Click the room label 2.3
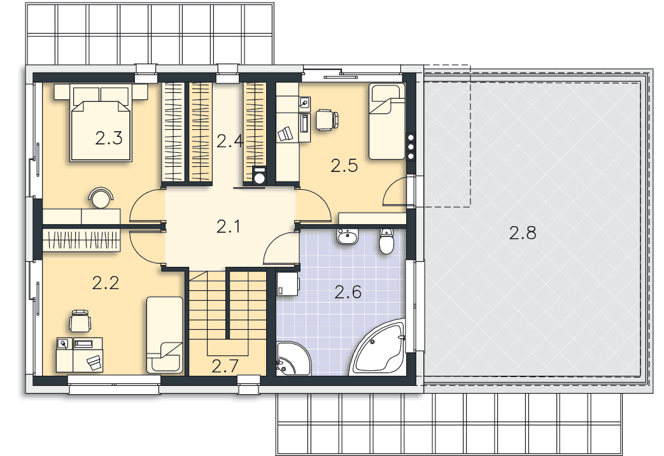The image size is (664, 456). pos(109,138)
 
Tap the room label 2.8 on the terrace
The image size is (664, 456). pos(523,232)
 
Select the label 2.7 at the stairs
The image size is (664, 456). pos(225,366)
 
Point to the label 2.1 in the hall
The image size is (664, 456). pos(229,227)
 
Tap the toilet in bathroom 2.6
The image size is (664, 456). pos(386,241)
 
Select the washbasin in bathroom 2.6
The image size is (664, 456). pos(348,236)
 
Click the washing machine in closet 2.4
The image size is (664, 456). pos(258,176)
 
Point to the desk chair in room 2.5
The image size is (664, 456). pos(327,119)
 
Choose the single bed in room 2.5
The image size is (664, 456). pos(386,122)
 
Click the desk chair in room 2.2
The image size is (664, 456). pos(80,321)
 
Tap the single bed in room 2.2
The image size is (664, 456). pos(165,335)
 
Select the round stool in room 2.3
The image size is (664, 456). pos(101,197)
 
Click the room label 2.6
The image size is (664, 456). pos(348,292)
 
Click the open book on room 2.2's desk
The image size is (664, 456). pos(94,363)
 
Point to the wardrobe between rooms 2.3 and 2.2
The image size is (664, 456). pos(81,240)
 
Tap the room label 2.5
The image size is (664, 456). pos(344,166)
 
